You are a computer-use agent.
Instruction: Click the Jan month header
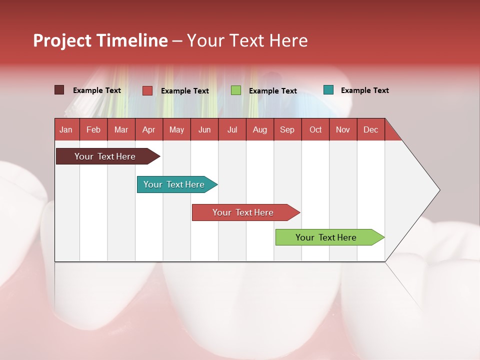coord(66,130)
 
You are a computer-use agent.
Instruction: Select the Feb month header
coord(93,130)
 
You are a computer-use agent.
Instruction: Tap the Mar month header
coord(121,130)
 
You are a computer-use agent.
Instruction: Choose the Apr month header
coord(149,130)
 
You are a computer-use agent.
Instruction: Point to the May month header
coord(176,130)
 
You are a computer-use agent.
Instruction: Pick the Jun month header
coord(204,130)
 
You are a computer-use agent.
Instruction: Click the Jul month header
coord(232,130)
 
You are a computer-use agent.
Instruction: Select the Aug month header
coord(260,130)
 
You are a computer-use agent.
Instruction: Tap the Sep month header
coord(287,130)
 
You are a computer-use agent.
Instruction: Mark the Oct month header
coord(315,130)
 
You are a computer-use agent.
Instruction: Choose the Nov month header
coord(343,130)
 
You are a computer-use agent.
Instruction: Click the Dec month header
coord(371,130)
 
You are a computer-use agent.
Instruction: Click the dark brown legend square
coord(59,90)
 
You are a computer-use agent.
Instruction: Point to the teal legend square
coord(328,90)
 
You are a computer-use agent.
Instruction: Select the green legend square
coord(236,90)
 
